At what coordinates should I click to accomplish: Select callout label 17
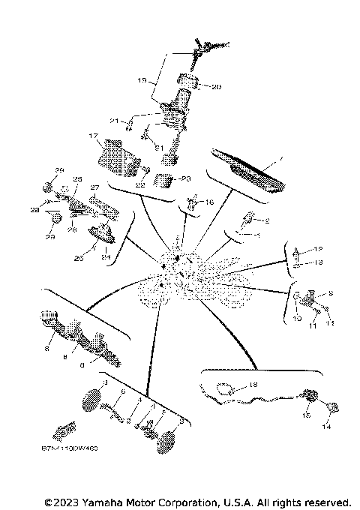94,136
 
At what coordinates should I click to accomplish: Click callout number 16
210,202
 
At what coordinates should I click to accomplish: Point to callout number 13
318,263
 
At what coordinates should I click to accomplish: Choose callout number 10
297,319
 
